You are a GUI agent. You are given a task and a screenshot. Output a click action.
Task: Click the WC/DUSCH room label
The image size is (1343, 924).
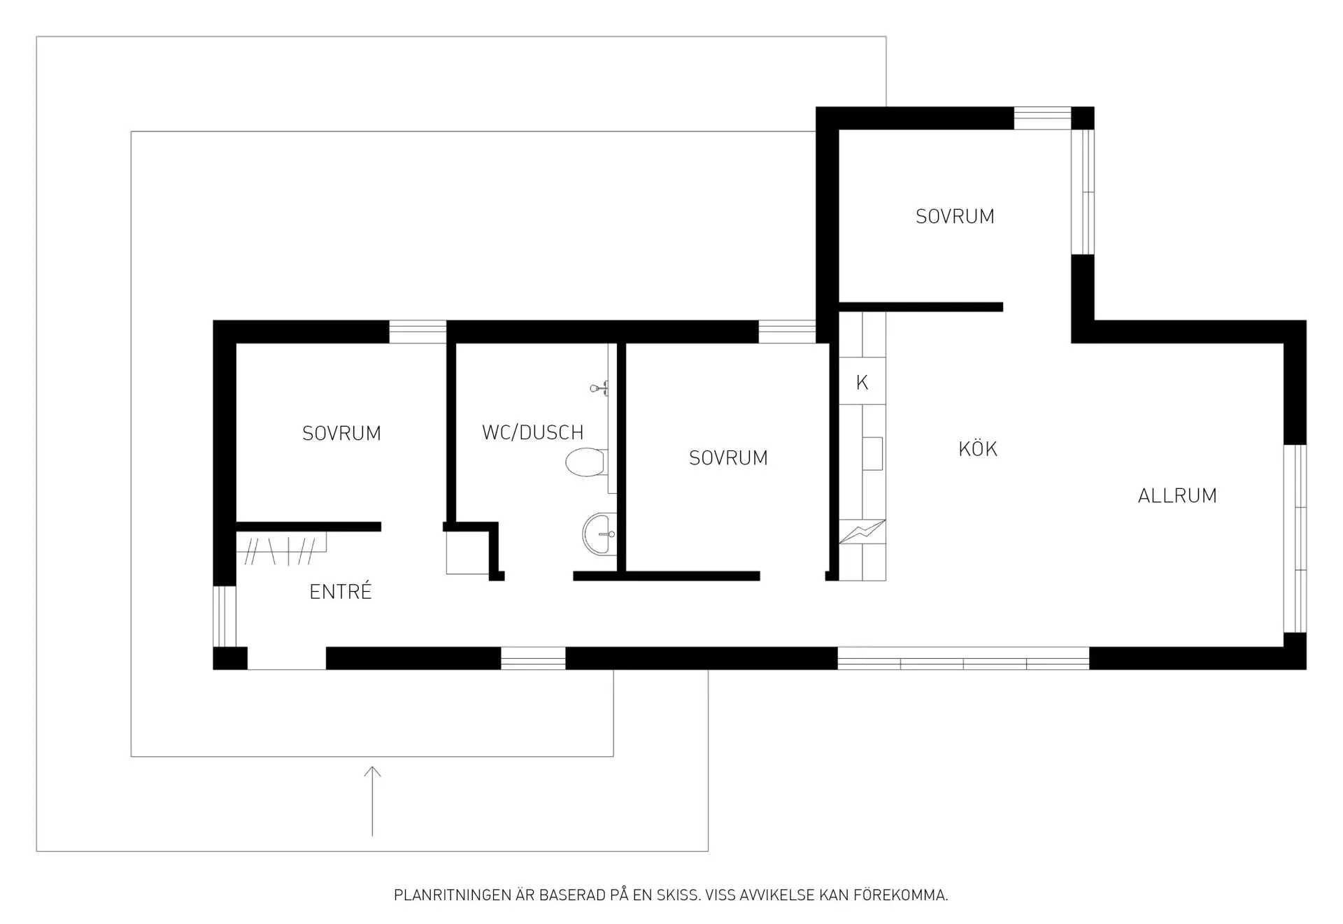(x=532, y=433)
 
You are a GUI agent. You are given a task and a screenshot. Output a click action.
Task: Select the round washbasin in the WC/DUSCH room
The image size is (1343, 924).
(x=599, y=534)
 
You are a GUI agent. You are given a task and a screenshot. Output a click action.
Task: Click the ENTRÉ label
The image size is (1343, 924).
(x=341, y=592)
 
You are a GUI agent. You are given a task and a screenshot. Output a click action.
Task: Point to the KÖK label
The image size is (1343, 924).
(x=978, y=448)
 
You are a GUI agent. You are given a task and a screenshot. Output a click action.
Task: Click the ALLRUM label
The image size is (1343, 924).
(x=1177, y=496)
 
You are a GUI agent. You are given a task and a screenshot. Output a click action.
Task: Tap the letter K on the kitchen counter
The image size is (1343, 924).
(x=862, y=383)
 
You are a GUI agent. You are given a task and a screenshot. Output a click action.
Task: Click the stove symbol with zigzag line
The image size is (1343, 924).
(x=862, y=532)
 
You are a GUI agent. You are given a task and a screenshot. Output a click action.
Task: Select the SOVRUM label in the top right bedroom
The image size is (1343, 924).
(x=955, y=217)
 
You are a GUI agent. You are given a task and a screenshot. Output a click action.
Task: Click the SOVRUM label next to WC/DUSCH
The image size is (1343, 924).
(x=728, y=458)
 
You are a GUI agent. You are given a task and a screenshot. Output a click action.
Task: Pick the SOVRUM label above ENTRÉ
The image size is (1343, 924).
(x=341, y=434)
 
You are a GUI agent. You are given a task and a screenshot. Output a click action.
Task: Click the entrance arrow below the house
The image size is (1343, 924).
(x=372, y=801)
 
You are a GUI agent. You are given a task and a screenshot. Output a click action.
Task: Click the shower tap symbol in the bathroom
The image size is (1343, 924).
(x=599, y=388)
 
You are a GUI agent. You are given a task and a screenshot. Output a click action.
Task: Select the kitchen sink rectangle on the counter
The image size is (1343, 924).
(x=872, y=453)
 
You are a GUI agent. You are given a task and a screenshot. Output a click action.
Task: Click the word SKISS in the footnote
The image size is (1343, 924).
(x=677, y=895)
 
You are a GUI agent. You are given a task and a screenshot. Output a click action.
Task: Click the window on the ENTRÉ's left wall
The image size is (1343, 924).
(x=225, y=616)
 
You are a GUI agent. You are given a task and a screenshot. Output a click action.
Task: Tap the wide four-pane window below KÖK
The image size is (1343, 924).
(x=963, y=658)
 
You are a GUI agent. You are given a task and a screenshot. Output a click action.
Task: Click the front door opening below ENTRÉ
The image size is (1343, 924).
(x=287, y=659)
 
